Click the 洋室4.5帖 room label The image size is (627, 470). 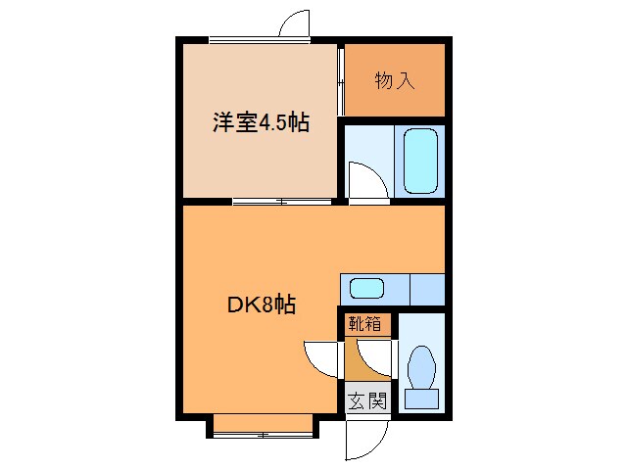[x=262, y=123]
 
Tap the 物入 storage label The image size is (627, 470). [x=395, y=80]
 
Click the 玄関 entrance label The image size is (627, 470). [x=367, y=399]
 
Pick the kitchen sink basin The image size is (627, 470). [x=366, y=289]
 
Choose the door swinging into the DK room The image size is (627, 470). [x=321, y=355]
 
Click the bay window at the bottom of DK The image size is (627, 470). [x=263, y=424]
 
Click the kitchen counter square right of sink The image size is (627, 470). [x=426, y=289]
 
